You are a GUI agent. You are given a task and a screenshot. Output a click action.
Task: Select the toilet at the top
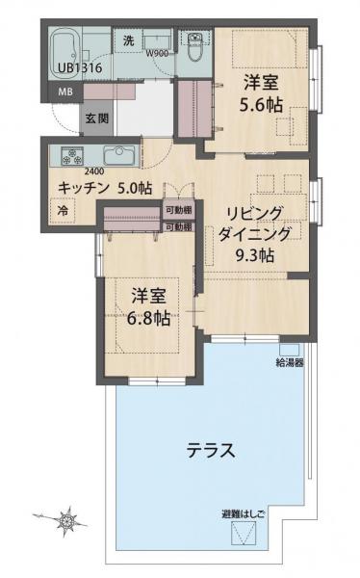(195, 47)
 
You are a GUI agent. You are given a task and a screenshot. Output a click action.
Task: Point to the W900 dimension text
(157, 53)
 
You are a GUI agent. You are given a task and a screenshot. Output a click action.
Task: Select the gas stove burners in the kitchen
(73, 155)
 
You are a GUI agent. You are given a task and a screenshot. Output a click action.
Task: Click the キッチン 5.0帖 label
(104, 188)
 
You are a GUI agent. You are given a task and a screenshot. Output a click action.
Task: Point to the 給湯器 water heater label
(290, 362)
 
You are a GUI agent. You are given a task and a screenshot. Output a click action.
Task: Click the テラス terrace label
(211, 449)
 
